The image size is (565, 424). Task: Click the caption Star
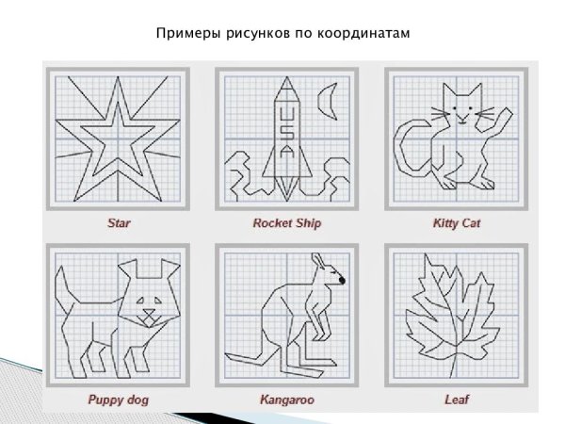(119, 224)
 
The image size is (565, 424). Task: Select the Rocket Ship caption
(287, 224)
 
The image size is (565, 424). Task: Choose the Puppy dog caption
(119, 400)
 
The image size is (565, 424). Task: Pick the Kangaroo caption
(287, 400)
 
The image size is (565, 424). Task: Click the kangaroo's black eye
(341, 280)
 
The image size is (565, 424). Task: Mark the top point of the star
(119, 82)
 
